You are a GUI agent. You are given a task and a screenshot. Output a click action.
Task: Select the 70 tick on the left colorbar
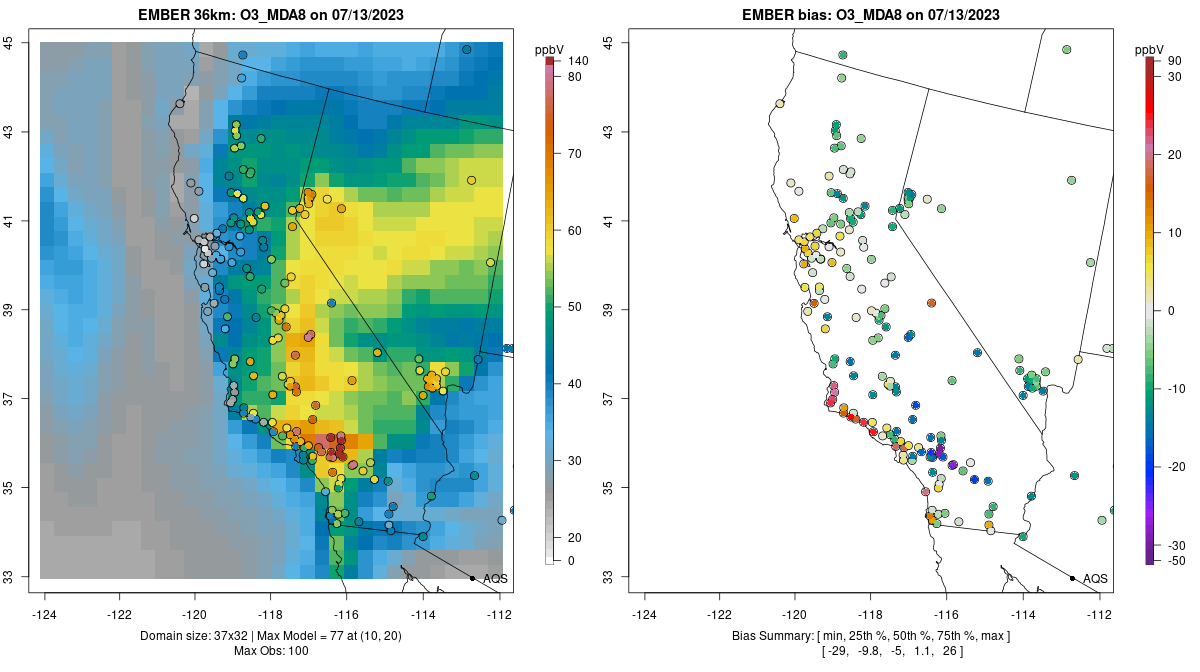tap(574, 154)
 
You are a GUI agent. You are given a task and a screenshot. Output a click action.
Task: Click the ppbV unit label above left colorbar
tap(549, 49)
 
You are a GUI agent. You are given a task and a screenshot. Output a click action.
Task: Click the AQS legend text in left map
tap(495, 579)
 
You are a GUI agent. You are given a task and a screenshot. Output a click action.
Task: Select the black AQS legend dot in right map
tap(1072, 579)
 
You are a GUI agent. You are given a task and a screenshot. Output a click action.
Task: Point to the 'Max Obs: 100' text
tap(272, 652)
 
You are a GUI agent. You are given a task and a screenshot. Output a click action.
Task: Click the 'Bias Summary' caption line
tap(871, 636)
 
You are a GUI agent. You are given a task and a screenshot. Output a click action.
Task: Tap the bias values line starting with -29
tap(871, 652)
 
